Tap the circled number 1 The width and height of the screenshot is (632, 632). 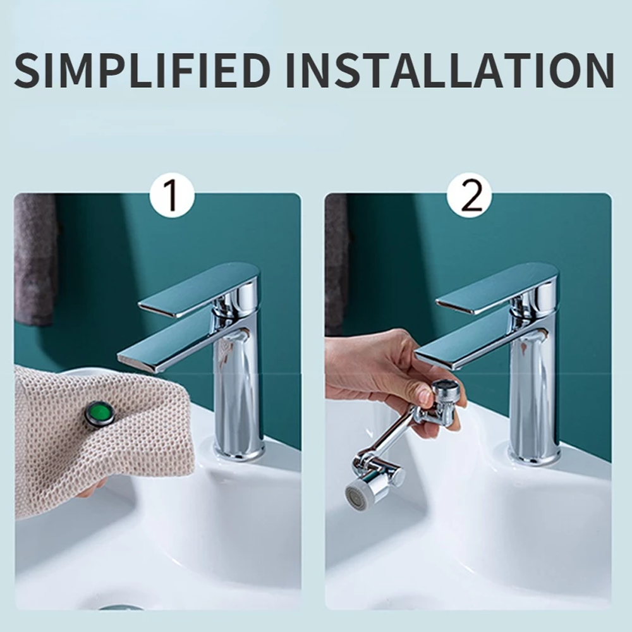click(171, 197)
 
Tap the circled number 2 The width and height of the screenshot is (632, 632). click(469, 197)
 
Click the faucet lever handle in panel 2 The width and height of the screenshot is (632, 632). click(499, 288)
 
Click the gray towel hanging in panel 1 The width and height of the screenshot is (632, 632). click(35, 259)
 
